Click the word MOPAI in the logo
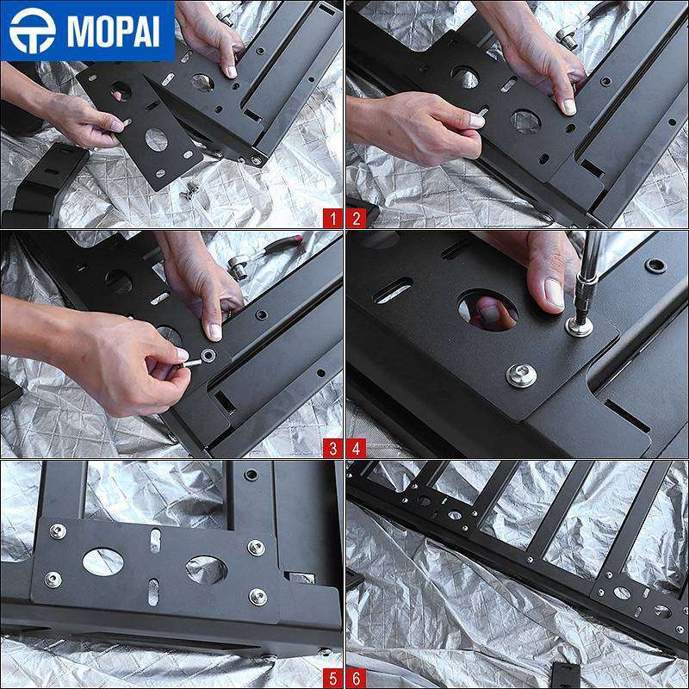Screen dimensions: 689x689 click(x=113, y=31)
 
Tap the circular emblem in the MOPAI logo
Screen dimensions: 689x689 click(x=33, y=31)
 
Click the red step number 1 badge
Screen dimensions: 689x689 click(x=332, y=219)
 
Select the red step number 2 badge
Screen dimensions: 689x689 click(x=356, y=219)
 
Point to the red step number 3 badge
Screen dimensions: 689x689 click(x=332, y=449)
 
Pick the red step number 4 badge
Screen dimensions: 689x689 click(x=356, y=449)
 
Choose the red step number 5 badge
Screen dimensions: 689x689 click(x=332, y=679)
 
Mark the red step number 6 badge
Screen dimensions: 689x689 click(x=356, y=679)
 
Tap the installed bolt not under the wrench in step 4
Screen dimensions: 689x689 click(x=521, y=376)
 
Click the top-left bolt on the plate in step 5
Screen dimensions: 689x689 click(x=58, y=531)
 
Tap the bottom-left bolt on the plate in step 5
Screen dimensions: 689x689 click(x=53, y=580)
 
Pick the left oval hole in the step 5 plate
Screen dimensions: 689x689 click(x=102, y=562)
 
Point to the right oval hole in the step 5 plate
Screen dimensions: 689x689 click(x=206, y=570)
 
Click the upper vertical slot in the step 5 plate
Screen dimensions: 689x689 click(x=156, y=541)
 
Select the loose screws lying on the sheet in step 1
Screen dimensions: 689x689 click(x=189, y=191)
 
